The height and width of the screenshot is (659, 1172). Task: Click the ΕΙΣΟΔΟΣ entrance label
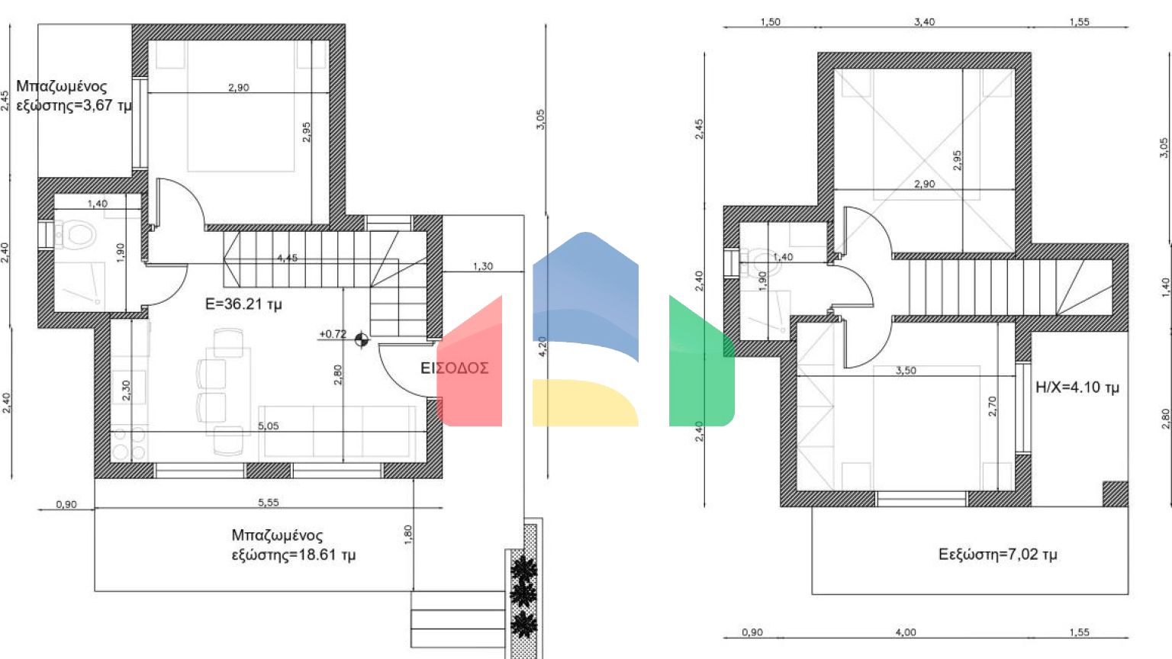pyautogui.click(x=454, y=368)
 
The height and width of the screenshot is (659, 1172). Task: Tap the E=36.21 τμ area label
pyautogui.click(x=243, y=304)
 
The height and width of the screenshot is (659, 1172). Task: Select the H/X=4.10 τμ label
pyautogui.click(x=1077, y=387)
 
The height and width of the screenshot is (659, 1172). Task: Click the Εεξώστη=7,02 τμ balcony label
pyautogui.click(x=997, y=555)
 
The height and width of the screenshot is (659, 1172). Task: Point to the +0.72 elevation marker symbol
pyautogui.click(x=362, y=339)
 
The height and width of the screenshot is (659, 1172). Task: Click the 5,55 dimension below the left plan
pyautogui.click(x=268, y=503)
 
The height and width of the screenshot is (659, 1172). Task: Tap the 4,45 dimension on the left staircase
pyautogui.click(x=287, y=259)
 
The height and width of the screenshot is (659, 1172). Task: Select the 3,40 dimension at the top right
pyautogui.click(x=924, y=22)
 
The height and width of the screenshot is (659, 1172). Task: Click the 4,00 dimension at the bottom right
pyautogui.click(x=905, y=632)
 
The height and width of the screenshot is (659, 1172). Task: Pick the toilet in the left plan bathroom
pyautogui.click(x=77, y=234)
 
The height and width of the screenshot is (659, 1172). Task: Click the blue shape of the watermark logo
pyautogui.click(x=585, y=290)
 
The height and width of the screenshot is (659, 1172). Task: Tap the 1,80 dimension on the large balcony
pyautogui.click(x=408, y=534)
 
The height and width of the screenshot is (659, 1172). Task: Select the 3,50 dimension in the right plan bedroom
pyautogui.click(x=906, y=371)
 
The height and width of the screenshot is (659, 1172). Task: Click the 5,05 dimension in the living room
pyautogui.click(x=268, y=426)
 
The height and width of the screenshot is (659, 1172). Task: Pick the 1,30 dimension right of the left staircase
pyautogui.click(x=482, y=266)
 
